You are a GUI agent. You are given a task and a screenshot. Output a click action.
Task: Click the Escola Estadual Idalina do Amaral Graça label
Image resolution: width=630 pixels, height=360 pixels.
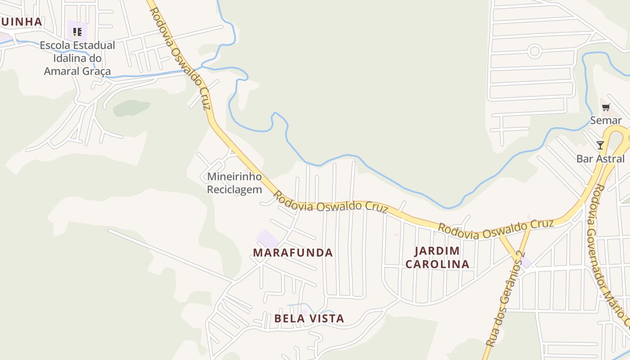coord(77,58)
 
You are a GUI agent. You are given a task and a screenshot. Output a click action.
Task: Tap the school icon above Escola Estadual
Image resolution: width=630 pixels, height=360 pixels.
coord(77,32)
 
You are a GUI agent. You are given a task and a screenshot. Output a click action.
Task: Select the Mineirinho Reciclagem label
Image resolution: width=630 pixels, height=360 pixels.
coord(234,183)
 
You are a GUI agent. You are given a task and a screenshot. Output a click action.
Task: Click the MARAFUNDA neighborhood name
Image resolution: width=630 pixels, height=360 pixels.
coord(293,253)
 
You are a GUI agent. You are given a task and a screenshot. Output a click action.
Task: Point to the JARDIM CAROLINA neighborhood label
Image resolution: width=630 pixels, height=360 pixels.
coord(437,257)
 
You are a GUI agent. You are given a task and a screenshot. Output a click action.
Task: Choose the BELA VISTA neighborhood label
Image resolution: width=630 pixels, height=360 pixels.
coord(309,319)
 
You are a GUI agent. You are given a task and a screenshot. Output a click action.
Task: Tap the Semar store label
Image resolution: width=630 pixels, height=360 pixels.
coord(606,120)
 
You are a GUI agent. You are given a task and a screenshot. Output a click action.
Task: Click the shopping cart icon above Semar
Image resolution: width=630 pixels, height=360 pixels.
coord(606,108)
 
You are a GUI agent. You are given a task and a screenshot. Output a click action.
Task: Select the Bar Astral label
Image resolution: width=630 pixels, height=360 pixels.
coord(600,159)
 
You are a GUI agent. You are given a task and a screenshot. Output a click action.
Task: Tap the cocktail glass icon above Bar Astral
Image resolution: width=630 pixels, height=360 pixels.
coord(600,145)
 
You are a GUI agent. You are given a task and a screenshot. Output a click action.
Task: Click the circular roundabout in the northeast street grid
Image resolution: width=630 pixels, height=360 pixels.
coord(535,51)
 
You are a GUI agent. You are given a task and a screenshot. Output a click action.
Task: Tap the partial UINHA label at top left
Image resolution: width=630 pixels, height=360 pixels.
coord(21,22)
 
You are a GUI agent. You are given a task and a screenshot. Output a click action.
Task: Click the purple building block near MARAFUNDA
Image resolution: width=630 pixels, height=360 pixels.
coord(267,238)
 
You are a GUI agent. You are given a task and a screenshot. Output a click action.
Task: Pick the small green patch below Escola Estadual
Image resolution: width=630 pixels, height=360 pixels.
coord(131,108)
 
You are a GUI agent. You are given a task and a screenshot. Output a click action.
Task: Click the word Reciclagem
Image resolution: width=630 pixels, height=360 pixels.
coord(234,189)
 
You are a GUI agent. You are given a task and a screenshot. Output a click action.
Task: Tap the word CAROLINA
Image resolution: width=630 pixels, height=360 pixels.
coord(437,264)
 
